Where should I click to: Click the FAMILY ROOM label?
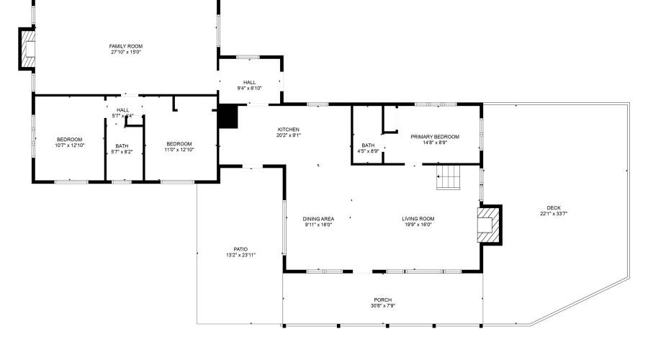pyautogui.click(x=126, y=46)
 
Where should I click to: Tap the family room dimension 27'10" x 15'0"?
pyautogui.click(x=126, y=53)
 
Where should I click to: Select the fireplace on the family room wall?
pyautogui.click(x=27, y=50)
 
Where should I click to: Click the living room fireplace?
pyautogui.click(x=490, y=225)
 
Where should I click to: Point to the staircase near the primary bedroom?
pyautogui.click(x=449, y=177)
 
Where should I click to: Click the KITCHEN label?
pyautogui.click(x=288, y=129)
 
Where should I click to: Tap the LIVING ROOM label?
pyautogui.click(x=418, y=219)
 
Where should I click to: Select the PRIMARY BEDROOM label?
pyautogui.click(x=435, y=136)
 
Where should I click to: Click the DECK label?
pyautogui.click(x=554, y=208)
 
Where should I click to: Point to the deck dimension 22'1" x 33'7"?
pyautogui.click(x=554, y=214)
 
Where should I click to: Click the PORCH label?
pyautogui.click(x=382, y=300)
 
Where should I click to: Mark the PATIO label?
pyautogui.click(x=240, y=249)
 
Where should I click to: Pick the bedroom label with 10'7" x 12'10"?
pyautogui.click(x=70, y=140)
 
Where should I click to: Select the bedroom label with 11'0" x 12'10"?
pyautogui.click(x=179, y=143)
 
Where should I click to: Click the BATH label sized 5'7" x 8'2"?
pyautogui.click(x=122, y=146)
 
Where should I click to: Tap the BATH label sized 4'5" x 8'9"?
pyautogui.click(x=368, y=145)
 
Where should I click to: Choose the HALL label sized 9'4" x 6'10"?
pyautogui.click(x=250, y=82)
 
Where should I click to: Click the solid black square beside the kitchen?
pyautogui.click(x=228, y=116)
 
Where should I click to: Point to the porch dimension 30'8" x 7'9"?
pyautogui.click(x=382, y=306)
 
